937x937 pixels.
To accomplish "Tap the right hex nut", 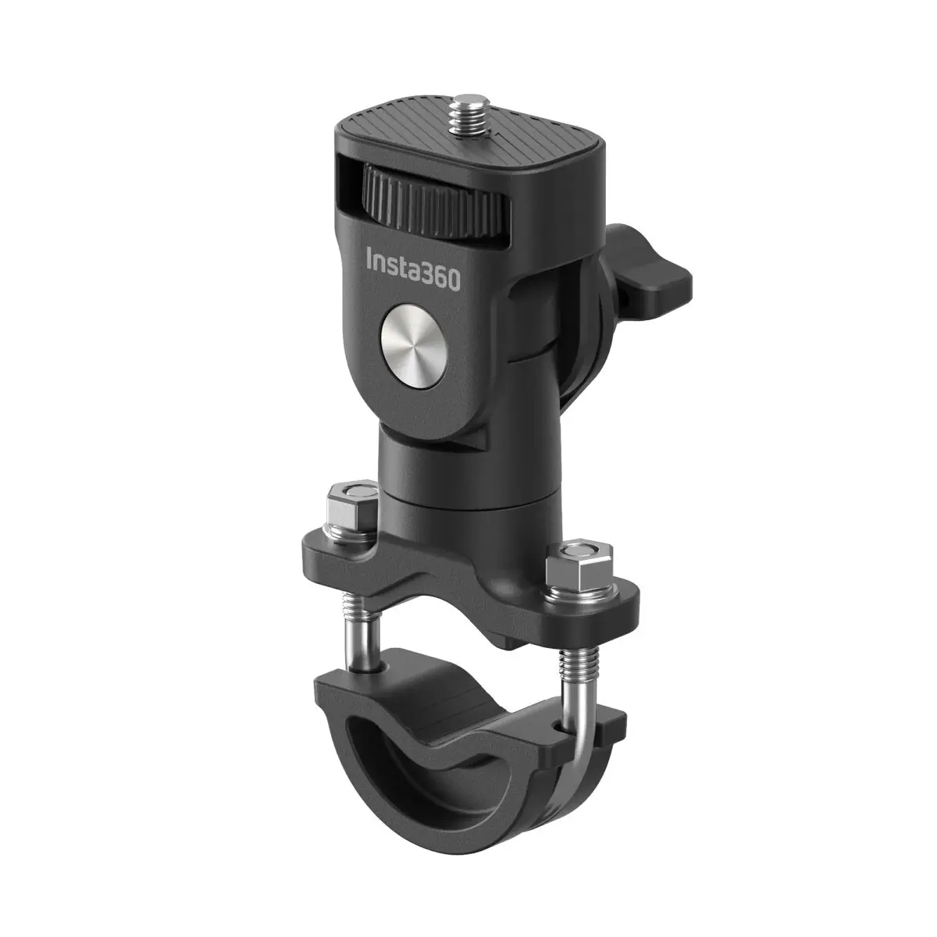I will coord(576,565).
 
